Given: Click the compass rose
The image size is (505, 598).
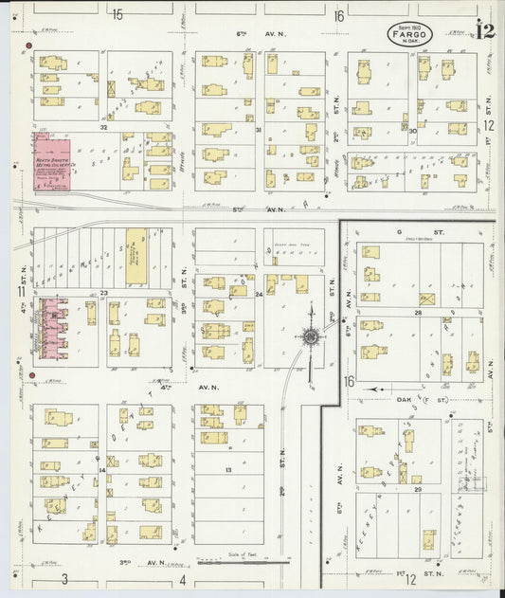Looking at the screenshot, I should click(x=310, y=335).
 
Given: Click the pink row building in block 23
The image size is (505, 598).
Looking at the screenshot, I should click(x=51, y=327).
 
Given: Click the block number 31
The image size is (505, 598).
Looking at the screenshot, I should click(x=259, y=130).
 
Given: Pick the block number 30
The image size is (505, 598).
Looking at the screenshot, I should click(x=410, y=131).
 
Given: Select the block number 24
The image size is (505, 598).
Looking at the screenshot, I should click(x=259, y=295).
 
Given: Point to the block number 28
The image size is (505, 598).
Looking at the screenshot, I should click(x=416, y=312).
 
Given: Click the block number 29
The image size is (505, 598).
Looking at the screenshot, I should click(x=416, y=489).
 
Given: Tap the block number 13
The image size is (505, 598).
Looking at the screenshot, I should click(x=227, y=470).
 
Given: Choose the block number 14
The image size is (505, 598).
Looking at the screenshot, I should click(x=101, y=470).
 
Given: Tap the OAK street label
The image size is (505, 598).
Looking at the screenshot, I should click(x=409, y=388).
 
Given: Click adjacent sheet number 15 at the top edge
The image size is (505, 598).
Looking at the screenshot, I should click(x=117, y=14).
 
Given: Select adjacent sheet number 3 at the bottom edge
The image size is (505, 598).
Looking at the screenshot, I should click(x=65, y=578).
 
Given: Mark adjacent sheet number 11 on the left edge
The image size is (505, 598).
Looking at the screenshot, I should click(x=20, y=292).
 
